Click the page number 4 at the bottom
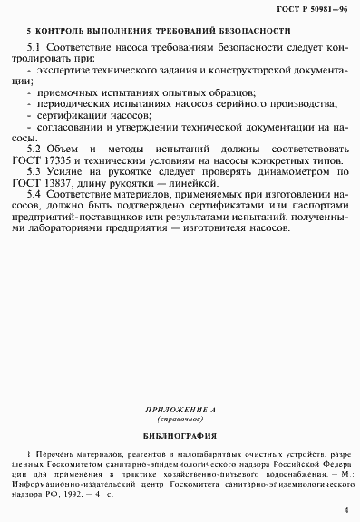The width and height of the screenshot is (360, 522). [345, 511]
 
